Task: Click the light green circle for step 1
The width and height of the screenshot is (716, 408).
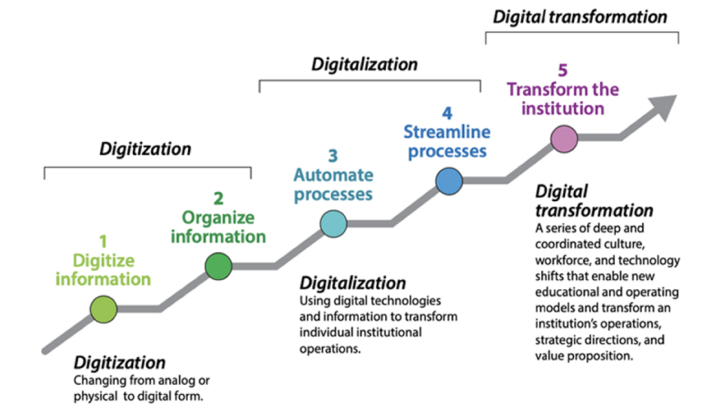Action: click(x=103, y=309)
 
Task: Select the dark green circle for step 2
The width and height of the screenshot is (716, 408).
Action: click(x=218, y=266)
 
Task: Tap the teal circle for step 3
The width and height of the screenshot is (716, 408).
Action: click(x=334, y=224)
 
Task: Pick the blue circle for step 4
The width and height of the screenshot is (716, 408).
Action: click(x=449, y=182)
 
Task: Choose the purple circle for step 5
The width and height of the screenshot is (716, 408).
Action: click(x=564, y=138)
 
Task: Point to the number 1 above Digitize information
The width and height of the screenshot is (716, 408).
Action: click(x=103, y=242)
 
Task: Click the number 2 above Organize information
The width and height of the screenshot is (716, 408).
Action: click(x=218, y=199)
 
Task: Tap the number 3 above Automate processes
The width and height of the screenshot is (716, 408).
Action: click(x=333, y=156)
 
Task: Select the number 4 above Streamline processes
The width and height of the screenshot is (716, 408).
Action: click(x=447, y=112)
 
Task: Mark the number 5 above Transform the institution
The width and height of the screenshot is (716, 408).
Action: click(x=563, y=70)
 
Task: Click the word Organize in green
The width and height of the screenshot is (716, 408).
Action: click(x=218, y=217)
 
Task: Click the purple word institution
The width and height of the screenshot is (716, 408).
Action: click(x=563, y=108)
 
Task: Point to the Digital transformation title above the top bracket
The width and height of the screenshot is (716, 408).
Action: click(x=580, y=17)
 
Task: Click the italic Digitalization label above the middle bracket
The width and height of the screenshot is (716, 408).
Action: click(x=364, y=65)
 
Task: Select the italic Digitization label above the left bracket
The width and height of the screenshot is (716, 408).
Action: click(x=145, y=149)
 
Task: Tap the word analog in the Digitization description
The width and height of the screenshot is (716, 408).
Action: click(x=181, y=381)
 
